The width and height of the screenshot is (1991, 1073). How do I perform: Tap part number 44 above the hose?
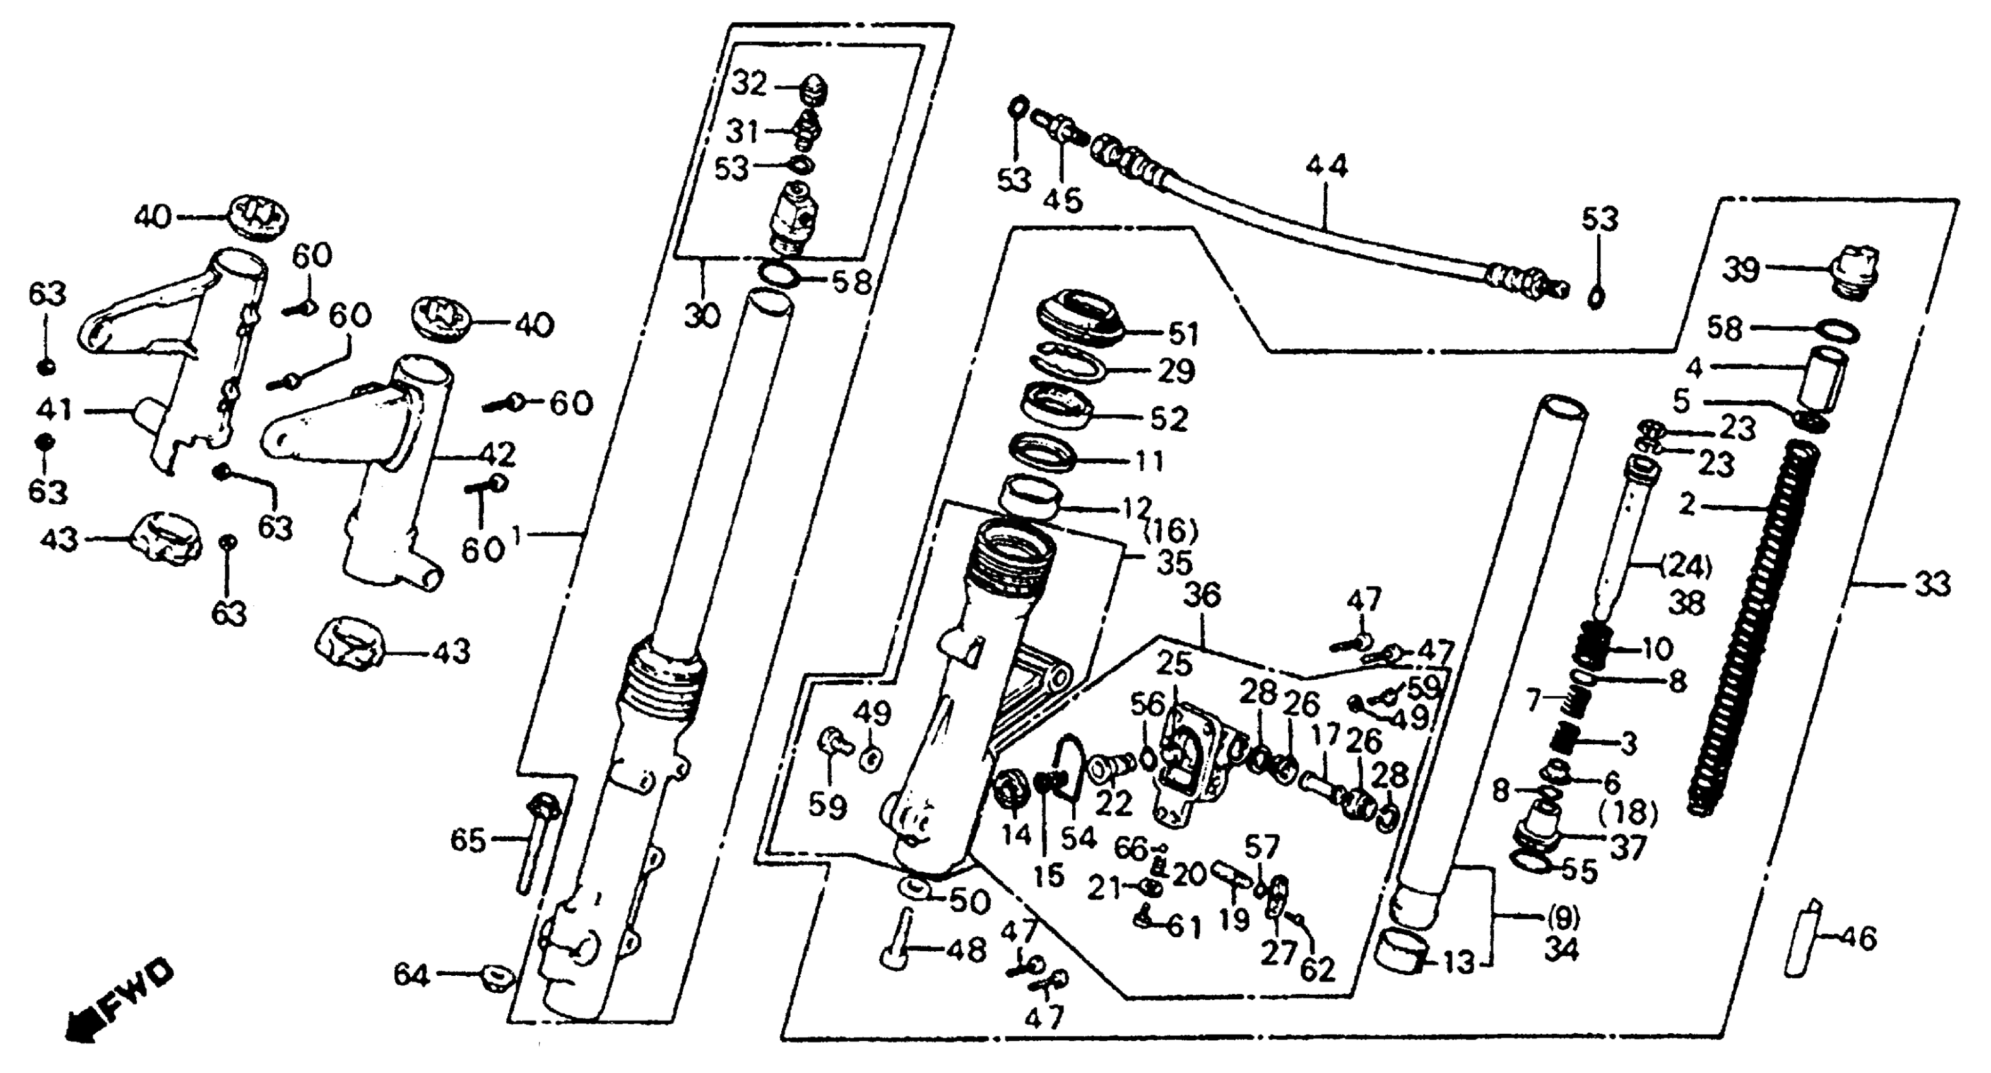(x=1326, y=166)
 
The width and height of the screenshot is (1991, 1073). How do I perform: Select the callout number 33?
(x=1932, y=584)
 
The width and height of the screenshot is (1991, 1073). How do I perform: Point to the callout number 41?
(x=52, y=410)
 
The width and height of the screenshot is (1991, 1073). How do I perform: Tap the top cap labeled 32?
(x=815, y=92)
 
